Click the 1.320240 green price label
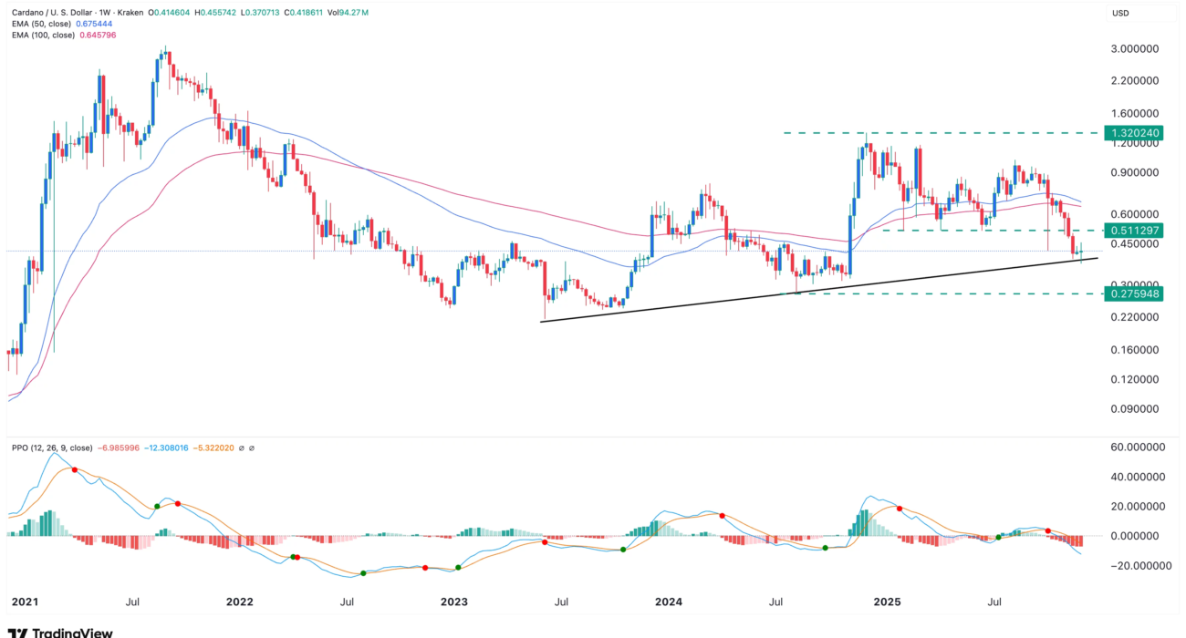click(x=1136, y=133)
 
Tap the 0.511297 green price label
click(x=1136, y=230)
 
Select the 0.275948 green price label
click(x=1136, y=293)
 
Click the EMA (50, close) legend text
click(x=42, y=24)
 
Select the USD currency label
click(x=1120, y=13)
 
